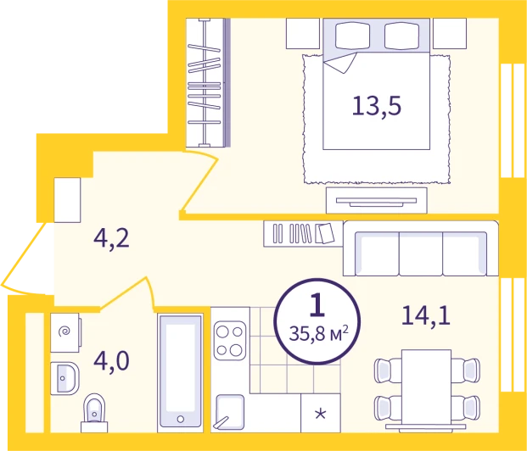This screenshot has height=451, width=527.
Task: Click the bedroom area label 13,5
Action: pos(377,106)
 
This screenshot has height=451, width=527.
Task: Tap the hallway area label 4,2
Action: pos(111,239)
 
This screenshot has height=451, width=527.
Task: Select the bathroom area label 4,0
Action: pos(111,361)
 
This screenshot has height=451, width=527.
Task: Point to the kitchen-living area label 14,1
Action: pos(426,315)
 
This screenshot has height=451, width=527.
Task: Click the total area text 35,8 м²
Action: pos(318,334)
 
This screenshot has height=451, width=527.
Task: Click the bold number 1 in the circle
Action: pos(317,304)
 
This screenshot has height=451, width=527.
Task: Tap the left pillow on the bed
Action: pos(352,35)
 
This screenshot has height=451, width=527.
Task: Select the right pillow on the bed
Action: pos(401,35)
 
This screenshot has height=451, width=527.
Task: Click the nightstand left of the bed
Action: pos(302,34)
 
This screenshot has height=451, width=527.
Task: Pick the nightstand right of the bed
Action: pos(450,34)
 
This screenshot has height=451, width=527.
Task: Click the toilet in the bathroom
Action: pos(94,414)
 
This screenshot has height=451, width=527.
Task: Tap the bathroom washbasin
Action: pos(64,378)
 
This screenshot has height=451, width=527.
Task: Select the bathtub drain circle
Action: pos(181,419)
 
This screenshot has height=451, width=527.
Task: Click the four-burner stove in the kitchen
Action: pos(230,341)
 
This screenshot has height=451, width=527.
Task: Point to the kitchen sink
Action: pos(230,412)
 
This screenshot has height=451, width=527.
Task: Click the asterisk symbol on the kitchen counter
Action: pos(320,414)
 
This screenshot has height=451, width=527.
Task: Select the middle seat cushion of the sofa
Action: pos(421,254)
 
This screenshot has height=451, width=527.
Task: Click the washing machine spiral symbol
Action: pos(64,331)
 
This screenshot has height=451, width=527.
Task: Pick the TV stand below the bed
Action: pos(377,200)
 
